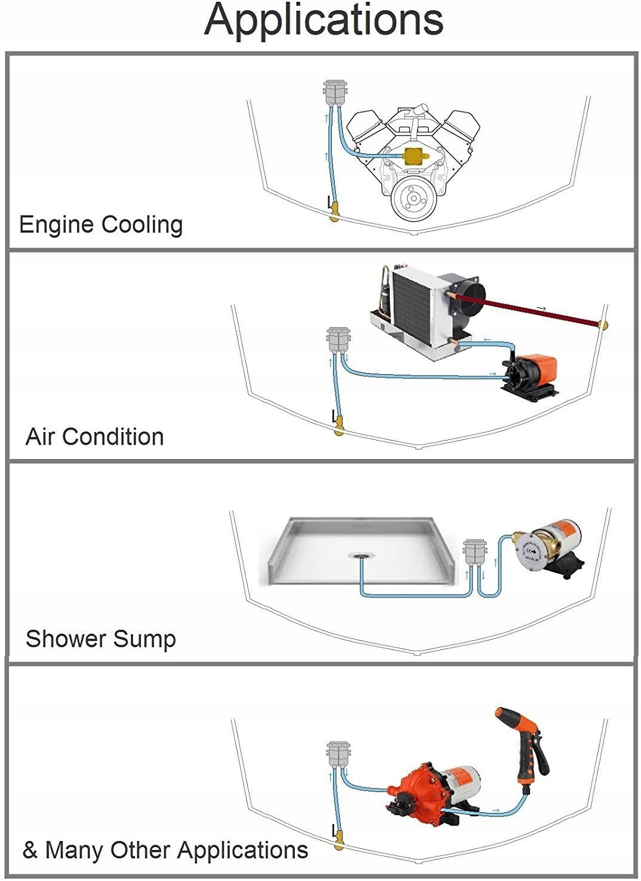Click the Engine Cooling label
pyautogui.click(x=101, y=225)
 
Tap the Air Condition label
pyautogui.click(x=95, y=437)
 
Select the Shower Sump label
pyautogui.click(x=101, y=639)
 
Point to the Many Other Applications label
pyautogui.click(x=165, y=850)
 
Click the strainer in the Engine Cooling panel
pyautogui.click(x=335, y=93)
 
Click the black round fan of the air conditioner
pyautogui.click(x=468, y=294)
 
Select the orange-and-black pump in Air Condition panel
pyautogui.click(x=532, y=374)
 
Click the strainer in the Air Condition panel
pyautogui.click(x=338, y=340)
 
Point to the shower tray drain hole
pyautogui.click(x=360, y=555)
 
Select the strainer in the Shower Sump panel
pyautogui.click(x=476, y=552)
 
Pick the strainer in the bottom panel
pyautogui.click(x=338, y=754)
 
